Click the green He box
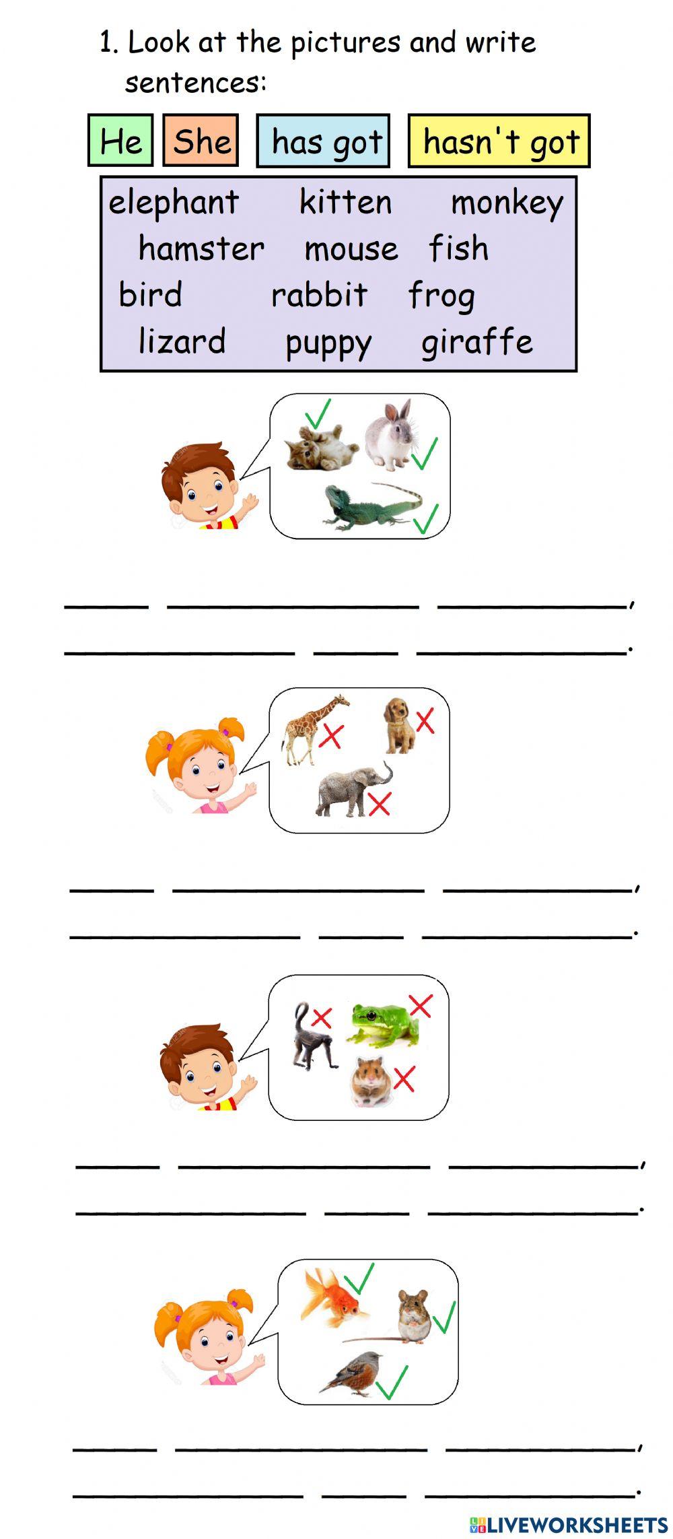pyautogui.click(x=120, y=141)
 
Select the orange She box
pyautogui.click(x=201, y=141)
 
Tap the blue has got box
pyautogui.click(x=324, y=141)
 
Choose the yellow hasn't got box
pyautogui.click(x=499, y=141)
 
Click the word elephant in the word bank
pyautogui.click(x=174, y=202)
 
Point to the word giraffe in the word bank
pyautogui.click(x=476, y=341)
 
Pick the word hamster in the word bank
pyautogui.click(x=201, y=248)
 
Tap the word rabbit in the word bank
pyautogui.click(x=319, y=295)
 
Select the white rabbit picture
pyautogui.click(x=390, y=434)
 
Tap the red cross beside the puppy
pyautogui.click(x=425, y=721)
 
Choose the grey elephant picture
pyautogui.click(x=351, y=789)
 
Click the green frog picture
pyautogui.click(x=383, y=1025)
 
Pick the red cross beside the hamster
pyautogui.click(x=404, y=1079)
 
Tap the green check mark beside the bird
pyautogui.click(x=392, y=1381)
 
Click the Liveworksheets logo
pyautogui.click(x=569, y=1525)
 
